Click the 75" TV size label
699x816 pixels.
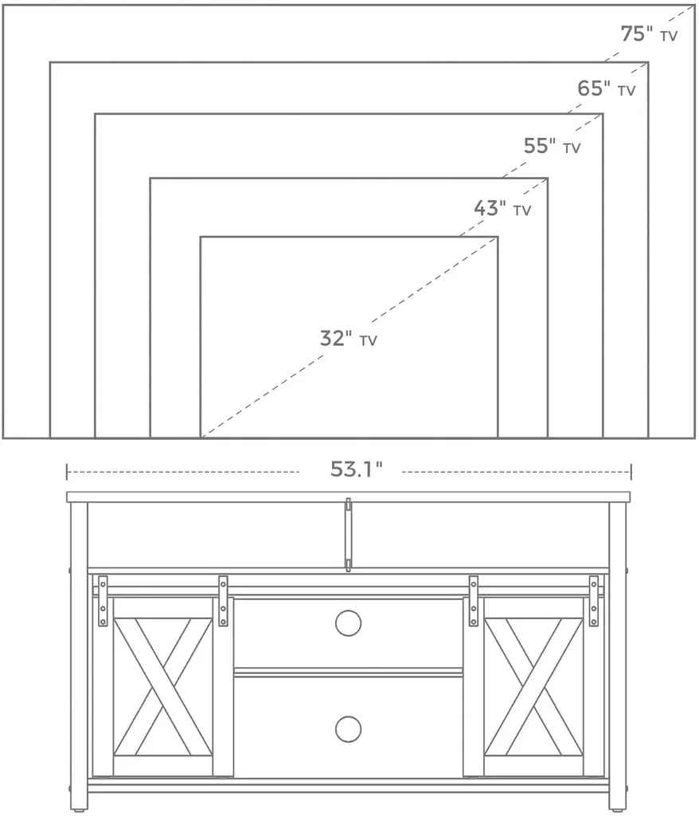tap(649, 33)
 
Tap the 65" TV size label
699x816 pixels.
tap(607, 88)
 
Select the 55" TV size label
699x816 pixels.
tap(552, 146)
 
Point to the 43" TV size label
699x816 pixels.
tap(502, 208)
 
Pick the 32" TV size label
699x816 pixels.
tap(349, 338)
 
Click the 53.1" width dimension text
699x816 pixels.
tap(356, 469)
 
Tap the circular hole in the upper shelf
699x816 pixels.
tap(348, 623)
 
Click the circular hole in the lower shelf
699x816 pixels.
tap(348, 729)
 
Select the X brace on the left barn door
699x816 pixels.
tap(162, 686)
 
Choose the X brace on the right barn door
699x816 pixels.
tap(533, 686)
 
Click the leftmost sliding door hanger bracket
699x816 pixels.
tap(103, 601)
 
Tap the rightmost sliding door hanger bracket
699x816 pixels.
tap(593, 601)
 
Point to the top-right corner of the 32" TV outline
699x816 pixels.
tap(498, 237)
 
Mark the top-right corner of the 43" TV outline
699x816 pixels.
tap(548, 178)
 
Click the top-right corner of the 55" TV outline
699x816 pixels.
tap(603, 113)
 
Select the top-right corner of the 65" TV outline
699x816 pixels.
tap(648, 62)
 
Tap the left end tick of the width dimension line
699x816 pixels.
tap(67, 472)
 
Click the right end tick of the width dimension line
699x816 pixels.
tap(631, 472)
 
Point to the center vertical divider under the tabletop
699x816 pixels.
tap(349, 535)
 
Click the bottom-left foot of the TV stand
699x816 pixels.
tap(78, 810)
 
